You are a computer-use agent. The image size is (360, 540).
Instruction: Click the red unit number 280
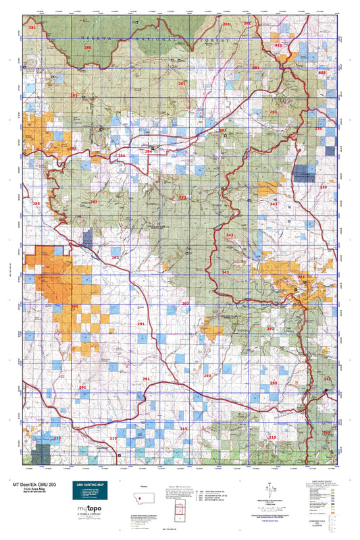tap(87, 48)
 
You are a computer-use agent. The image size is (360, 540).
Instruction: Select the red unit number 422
tap(278, 44)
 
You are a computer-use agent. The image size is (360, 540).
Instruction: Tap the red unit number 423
tap(322, 72)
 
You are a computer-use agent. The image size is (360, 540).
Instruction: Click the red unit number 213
tap(57, 438)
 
